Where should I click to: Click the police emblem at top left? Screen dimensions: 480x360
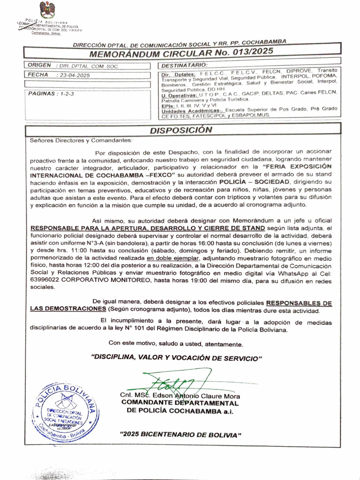coord(47,9)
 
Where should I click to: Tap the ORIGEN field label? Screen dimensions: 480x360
coord(39,66)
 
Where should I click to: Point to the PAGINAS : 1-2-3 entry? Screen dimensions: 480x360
coord(51,94)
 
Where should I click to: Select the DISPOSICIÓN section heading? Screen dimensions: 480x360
coord(181,130)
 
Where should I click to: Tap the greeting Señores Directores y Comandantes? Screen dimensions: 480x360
coord(81,140)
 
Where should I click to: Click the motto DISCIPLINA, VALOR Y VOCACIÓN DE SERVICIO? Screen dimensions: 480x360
coord(177,358)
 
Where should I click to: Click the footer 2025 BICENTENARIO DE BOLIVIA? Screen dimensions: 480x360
coord(180,435)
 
